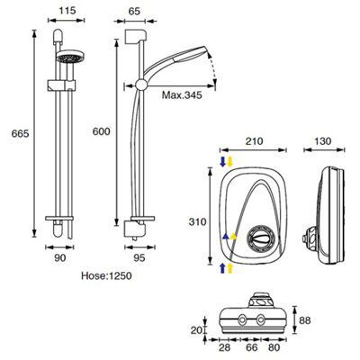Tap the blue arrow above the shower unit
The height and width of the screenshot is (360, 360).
tap(221, 161)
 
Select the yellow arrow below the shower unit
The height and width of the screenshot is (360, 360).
tap(230, 268)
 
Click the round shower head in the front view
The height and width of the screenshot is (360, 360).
tap(67, 57)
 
